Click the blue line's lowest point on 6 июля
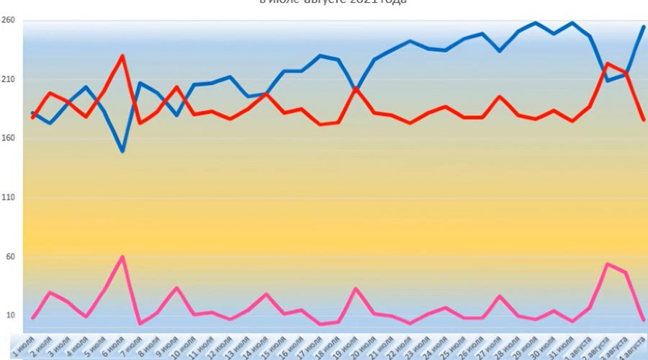tap(123, 151)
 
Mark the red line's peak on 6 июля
tap(123, 55)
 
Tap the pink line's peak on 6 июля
tap(123, 257)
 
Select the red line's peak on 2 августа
tap(608, 63)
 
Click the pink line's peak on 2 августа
tap(608, 264)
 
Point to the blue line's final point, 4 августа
tap(644, 27)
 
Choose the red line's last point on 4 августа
tap(644, 120)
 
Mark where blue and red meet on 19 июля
tap(356, 89)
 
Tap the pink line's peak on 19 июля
tap(356, 288)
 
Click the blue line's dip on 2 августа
tap(608, 80)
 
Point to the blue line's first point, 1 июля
tap(33, 113)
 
